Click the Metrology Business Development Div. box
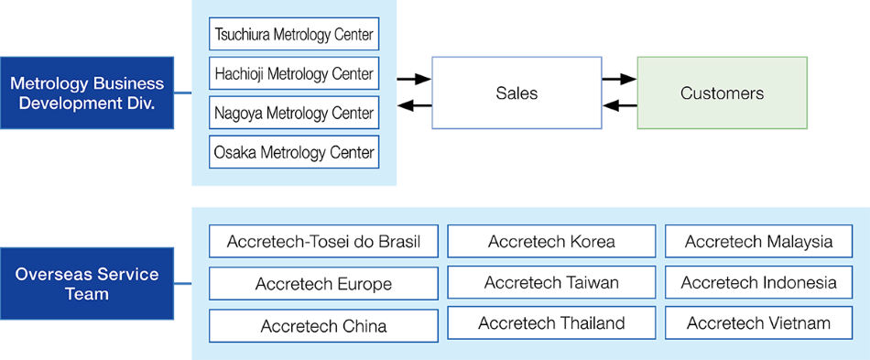point(87,93)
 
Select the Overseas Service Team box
point(87,284)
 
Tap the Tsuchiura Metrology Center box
point(294,35)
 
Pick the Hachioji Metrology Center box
point(294,73)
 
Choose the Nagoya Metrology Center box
point(294,113)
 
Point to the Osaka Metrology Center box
point(294,152)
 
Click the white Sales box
point(517,93)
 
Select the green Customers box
point(722,93)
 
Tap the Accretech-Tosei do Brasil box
point(323,242)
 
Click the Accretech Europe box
point(323,284)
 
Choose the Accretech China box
point(323,325)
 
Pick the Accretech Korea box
point(551,242)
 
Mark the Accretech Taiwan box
point(551,283)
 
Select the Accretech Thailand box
point(551,322)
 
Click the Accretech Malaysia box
point(758,242)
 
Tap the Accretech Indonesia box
point(758,283)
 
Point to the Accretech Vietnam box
point(758,322)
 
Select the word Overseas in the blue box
point(51,274)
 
